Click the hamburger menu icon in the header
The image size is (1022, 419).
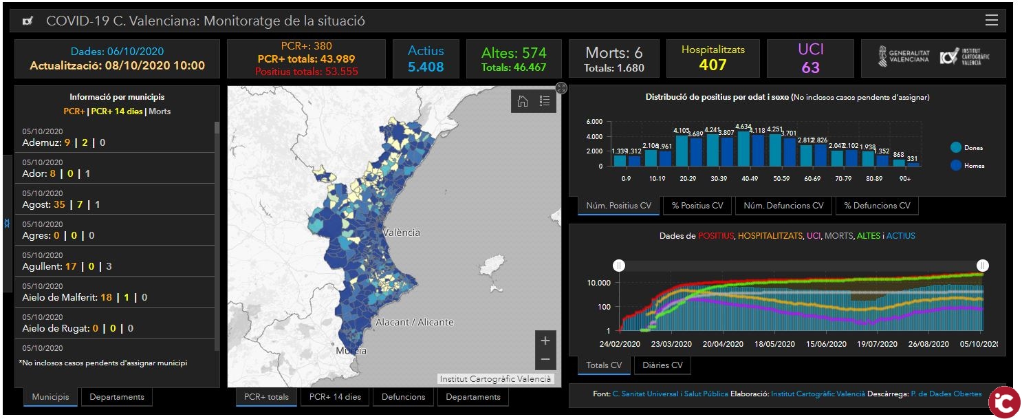click(x=991, y=21)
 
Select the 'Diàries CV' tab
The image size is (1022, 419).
click(x=662, y=365)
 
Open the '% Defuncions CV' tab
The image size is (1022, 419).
click(x=877, y=206)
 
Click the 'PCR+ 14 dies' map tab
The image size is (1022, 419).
click(x=335, y=397)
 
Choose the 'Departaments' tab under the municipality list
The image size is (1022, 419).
click(x=117, y=397)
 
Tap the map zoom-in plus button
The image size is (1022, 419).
click(x=545, y=341)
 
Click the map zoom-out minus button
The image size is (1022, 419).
click(x=545, y=360)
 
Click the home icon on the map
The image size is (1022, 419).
click(x=523, y=101)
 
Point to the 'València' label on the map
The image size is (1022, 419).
click(x=401, y=233)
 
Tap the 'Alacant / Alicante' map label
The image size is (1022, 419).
click(x=415, y=322)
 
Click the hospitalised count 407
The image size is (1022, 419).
click(x=713, y=65)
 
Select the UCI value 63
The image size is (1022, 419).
click(x=811, y=67)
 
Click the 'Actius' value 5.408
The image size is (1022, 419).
click(x=426, y=67)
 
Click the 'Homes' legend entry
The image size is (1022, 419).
click(x=973, y=165)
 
